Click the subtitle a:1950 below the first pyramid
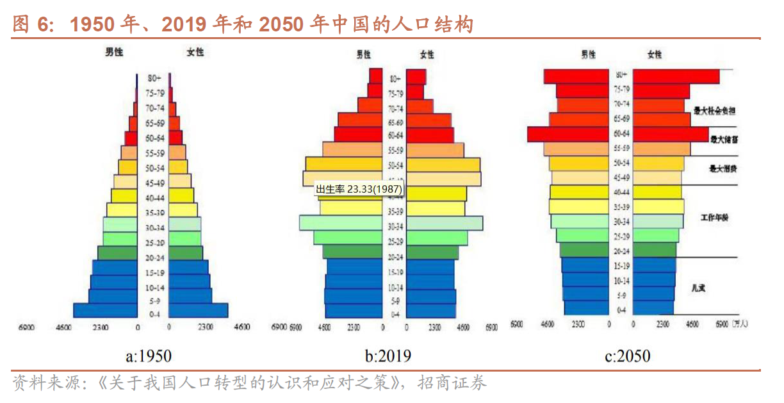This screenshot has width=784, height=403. [148, 356]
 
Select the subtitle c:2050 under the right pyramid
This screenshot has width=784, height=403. [627, 356]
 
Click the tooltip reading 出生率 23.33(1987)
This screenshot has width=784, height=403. [358, 190]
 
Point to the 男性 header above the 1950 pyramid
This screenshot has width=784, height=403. [114, 53]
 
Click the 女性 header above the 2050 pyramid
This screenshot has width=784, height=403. [655, 54]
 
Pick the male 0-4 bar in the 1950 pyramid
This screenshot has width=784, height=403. [105, 311]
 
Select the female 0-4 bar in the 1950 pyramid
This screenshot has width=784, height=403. [199, 311]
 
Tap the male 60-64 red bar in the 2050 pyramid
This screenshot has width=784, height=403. [568, 134]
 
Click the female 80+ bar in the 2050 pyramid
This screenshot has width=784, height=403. [676, 76]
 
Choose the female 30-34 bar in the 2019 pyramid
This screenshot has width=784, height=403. [445, 223]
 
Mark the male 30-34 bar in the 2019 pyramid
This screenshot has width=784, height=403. [341, 223]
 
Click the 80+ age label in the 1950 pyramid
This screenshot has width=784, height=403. [153, 78]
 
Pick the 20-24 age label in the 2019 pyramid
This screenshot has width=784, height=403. [395, 257]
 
